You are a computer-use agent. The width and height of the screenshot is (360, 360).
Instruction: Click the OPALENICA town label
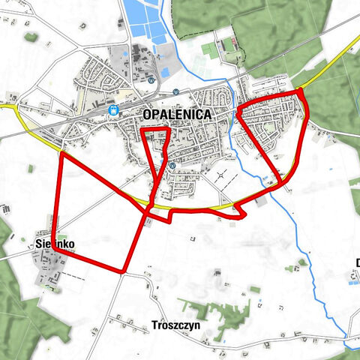(177, 115)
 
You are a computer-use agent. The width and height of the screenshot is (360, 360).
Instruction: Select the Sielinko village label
(55, 244)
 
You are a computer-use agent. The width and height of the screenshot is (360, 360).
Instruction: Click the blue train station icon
(114, 110)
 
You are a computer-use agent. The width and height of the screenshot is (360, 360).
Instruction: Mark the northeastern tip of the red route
(301, 91)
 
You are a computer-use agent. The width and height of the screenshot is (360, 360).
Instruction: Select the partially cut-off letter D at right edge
(357, 262)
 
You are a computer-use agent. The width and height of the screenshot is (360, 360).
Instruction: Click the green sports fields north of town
(208, 49)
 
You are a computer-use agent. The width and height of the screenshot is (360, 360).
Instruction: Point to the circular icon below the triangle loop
(172, 166)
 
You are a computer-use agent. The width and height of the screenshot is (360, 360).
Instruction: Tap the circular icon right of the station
(175, 92)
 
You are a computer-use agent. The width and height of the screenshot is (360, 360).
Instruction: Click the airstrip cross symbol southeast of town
(221, 176)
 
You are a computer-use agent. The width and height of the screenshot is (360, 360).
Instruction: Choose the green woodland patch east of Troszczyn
(225, 314)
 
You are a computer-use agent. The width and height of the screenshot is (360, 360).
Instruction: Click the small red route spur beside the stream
(241, 214)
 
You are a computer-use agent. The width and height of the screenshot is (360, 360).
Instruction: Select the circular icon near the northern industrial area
(151, 79)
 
